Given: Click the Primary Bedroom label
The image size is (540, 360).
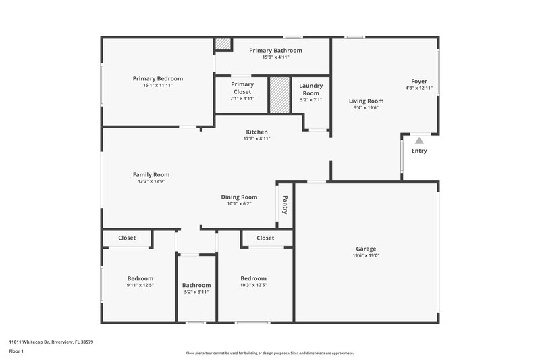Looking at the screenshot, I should tap(157, 78).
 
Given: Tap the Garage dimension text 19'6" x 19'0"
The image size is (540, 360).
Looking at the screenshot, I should tap(366, 256).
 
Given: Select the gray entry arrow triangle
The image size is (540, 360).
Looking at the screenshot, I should tap(419, 140).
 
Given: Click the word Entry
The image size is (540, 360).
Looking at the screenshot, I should tap(419, 151).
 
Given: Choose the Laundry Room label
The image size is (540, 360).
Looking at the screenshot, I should tap(310, 89).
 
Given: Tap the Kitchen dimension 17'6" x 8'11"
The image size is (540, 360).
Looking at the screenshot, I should tap(256, 139).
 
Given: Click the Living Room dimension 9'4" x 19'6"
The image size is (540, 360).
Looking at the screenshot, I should tap(366, 108).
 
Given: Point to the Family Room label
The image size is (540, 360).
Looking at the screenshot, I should tap(151, 174).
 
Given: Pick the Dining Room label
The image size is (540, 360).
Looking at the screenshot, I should tap(239, 197).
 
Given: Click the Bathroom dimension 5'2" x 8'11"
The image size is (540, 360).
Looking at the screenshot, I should tap(196, 292).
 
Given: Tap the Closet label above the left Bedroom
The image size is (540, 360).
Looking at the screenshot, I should tap(127, 238).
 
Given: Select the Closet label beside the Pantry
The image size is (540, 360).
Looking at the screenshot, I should tap(265, 238).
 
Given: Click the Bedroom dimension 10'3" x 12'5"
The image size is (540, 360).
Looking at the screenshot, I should tap(253, 285).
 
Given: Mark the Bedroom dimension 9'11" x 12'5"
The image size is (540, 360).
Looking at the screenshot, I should tap(140, 285).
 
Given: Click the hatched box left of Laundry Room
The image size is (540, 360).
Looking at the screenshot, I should tap(278, 95).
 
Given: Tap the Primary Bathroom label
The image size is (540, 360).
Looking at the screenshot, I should tap(275, 50).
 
